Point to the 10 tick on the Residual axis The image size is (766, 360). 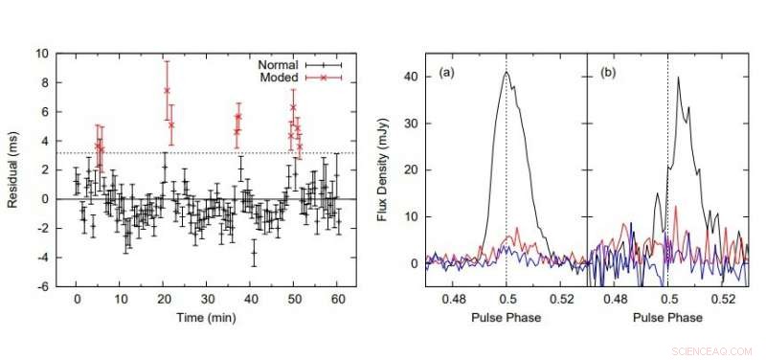pos(44,55)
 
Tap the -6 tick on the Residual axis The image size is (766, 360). pos(44,286)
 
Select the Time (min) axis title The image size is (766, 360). pos(207,317)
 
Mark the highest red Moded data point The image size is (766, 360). pos(167,91)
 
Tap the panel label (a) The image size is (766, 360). pos(447,73)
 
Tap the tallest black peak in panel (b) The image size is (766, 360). pos(678,79)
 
